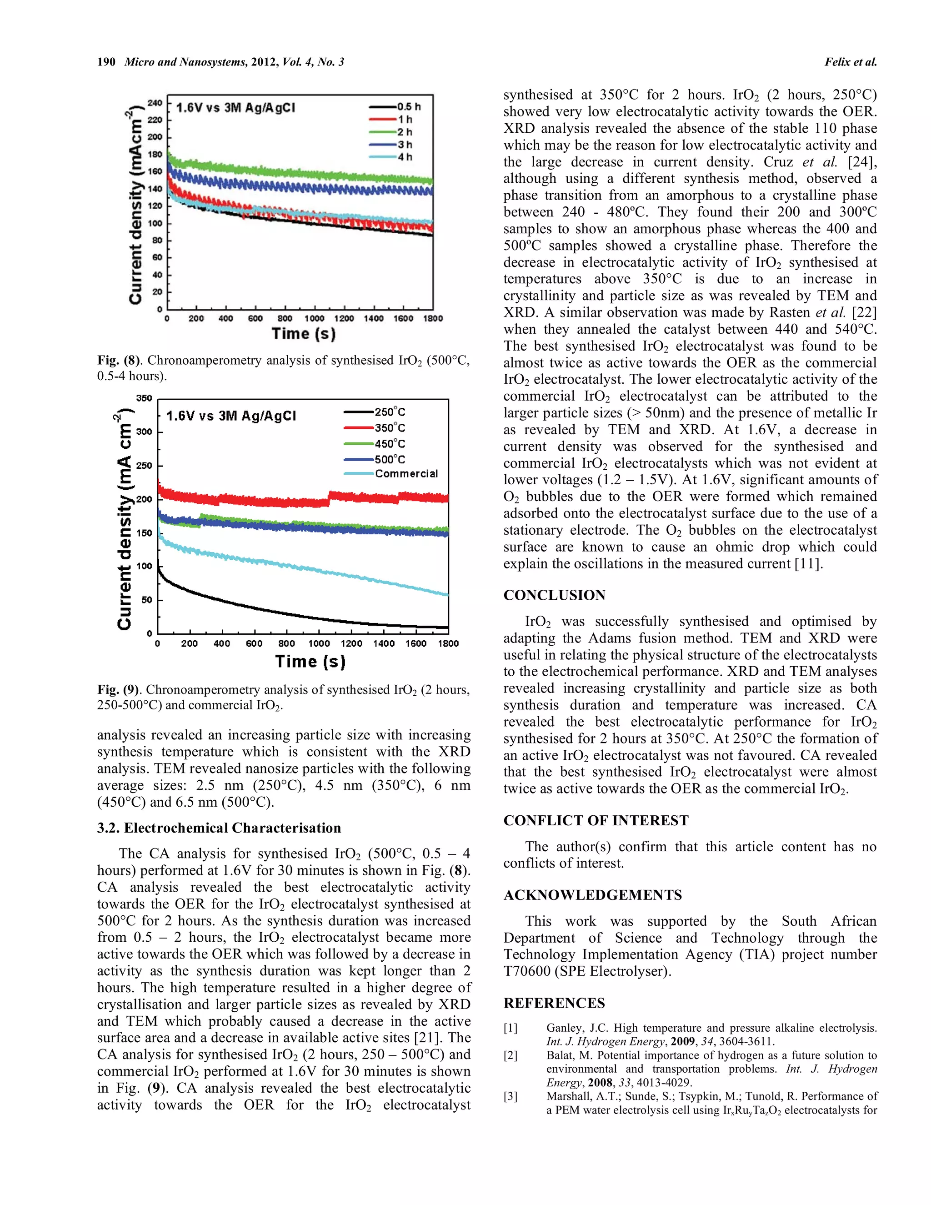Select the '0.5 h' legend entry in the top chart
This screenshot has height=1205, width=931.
click(408, 107)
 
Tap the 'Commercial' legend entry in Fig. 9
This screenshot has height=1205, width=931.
click(406, 474)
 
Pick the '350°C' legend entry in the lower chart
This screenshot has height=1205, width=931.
click(390, 427)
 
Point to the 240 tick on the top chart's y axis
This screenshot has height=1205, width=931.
click(155, 103)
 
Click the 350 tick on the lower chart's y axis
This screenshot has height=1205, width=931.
click(144, 398)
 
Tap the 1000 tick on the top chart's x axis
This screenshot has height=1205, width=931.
click(315, 318)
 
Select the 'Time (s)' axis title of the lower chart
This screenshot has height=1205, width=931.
click(310, 661)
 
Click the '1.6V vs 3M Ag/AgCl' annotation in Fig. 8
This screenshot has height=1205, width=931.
click(235, 108)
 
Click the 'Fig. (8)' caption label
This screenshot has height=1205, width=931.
click(119, 360)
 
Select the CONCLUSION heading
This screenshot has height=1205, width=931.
click(554, 595)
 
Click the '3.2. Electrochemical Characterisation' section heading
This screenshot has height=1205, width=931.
click(219, 828)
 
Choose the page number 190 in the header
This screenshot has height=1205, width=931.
click(106, 62)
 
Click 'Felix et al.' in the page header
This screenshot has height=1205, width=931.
click(850, 62)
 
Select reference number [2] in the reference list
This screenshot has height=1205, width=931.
click(510, 1055)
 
